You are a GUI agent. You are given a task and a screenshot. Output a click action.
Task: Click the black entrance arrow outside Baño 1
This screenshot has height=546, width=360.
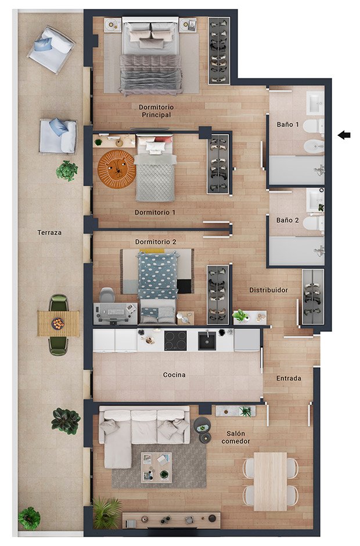(x=344, y=135)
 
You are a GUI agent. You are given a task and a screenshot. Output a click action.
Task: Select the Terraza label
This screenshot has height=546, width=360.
(x=49, y=233)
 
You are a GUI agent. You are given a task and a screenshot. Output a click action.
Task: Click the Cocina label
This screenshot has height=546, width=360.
(x=174, y=375)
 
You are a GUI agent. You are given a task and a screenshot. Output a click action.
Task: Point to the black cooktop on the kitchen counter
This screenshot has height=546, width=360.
(x=175, y=341)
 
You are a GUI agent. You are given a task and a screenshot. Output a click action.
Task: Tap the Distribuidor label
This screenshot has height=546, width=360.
(x=269, y=290)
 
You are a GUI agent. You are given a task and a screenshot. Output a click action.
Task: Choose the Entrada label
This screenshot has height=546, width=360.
(x=289, y=378)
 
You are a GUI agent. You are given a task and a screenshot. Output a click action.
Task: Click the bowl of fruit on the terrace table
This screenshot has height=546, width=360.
(x=58, y=324)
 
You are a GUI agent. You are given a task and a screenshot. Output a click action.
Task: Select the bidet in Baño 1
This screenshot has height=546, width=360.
(x=314, y=147)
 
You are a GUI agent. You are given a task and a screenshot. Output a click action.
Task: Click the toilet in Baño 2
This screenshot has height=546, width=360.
(x=314, y=223)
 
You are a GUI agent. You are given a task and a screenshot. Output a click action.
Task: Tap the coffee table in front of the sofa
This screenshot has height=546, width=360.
(x=156, y=467)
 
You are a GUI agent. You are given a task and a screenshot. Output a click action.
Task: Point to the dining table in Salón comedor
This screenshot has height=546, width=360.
(x=271, y=482)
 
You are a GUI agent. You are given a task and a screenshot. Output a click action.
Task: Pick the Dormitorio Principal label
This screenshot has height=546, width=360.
(x=156, y=111)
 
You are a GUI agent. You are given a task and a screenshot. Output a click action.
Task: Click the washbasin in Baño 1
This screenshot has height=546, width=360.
(x=315, y=103)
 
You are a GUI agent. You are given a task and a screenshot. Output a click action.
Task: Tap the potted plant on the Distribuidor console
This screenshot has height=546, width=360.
(x=240, y=316)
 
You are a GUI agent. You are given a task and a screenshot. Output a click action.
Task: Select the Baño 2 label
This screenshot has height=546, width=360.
(x=287, y=220)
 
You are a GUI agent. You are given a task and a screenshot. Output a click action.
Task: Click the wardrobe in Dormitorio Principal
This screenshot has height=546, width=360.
(x=219, y=50)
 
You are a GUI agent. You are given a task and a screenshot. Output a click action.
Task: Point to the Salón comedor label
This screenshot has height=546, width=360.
(x=236, y=437)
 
